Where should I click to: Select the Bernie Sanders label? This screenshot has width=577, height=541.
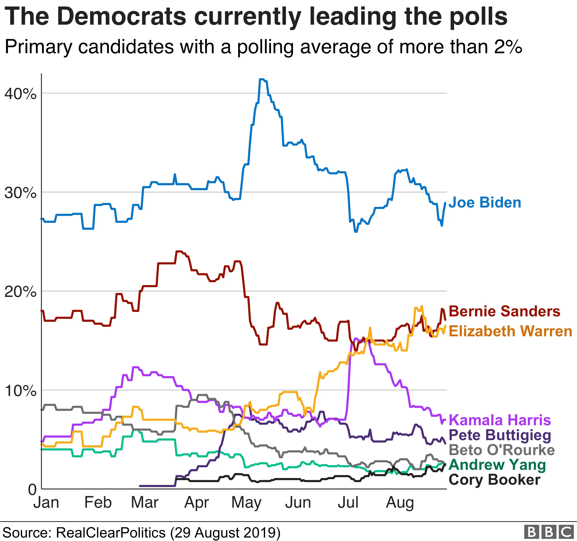coord(504,311)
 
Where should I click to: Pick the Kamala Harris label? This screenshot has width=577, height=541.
coord(500,420)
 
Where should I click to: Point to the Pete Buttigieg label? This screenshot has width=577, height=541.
coord(500,435)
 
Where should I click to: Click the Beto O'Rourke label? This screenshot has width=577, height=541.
coord(501,450)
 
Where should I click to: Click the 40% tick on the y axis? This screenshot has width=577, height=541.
coord(20,94)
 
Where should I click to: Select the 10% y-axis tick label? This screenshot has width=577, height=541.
coord(20,391)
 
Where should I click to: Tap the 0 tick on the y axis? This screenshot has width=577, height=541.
coord(32,490)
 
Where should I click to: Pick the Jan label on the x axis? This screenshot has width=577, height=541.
coord(46,503)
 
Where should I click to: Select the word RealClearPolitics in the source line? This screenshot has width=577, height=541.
coord(111,533)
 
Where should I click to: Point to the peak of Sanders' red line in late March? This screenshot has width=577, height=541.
coord(179,251)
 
